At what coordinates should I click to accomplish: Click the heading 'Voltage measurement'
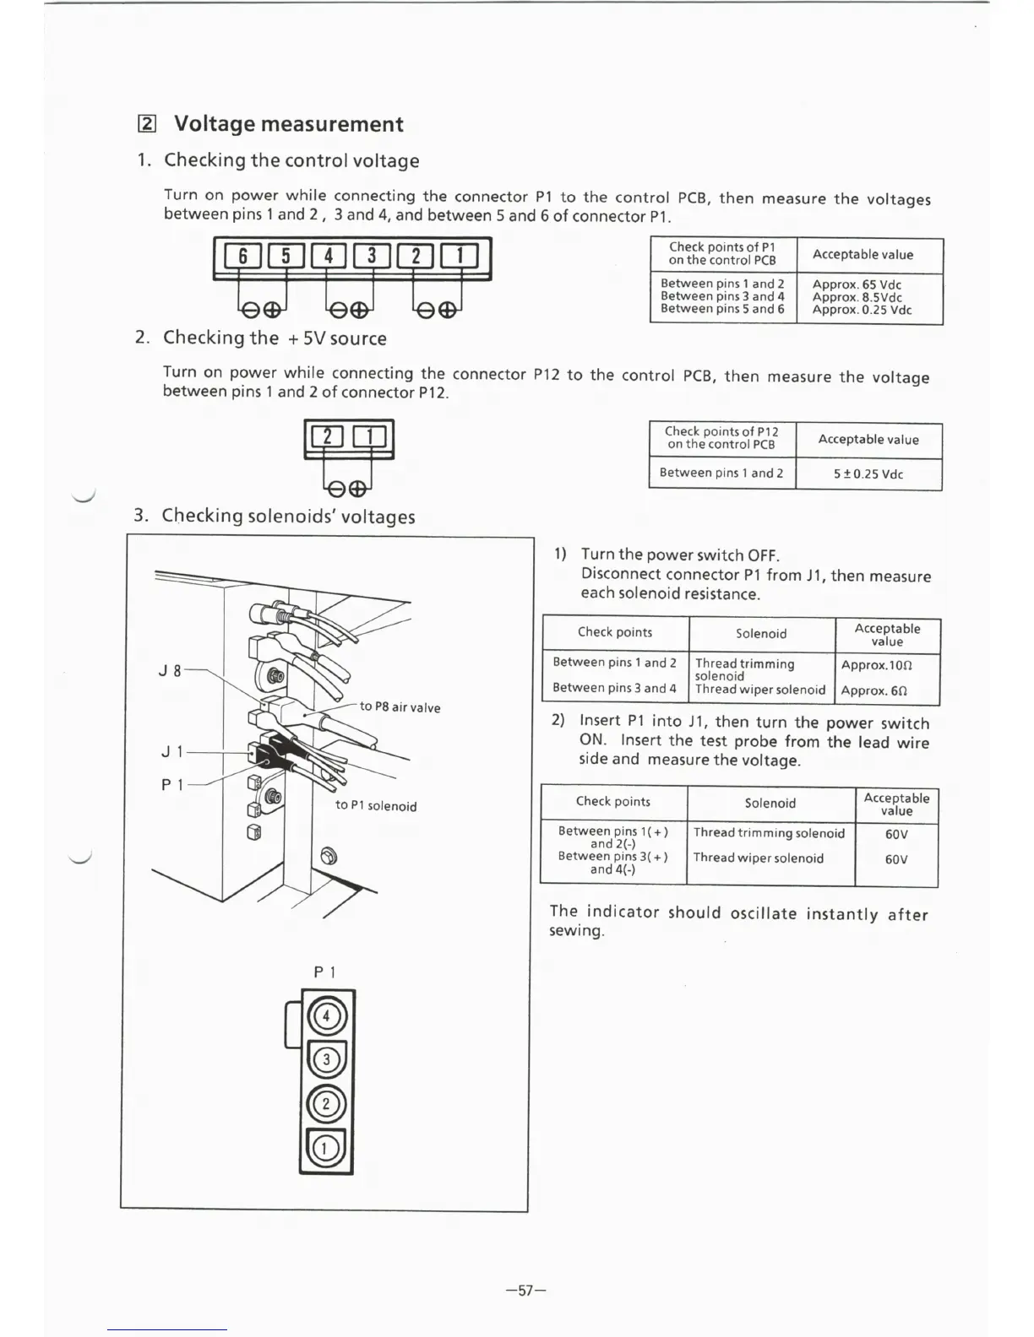288,124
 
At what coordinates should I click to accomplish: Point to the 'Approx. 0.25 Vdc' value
862,310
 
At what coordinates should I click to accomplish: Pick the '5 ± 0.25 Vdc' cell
868,474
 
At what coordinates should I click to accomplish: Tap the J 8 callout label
170,672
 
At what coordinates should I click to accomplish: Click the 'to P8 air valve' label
400,707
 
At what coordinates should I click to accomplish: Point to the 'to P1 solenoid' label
376,806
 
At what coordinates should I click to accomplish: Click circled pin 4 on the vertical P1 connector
328,1016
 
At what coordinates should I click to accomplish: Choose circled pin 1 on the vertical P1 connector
327,1148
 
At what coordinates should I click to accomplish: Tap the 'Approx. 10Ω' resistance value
877,665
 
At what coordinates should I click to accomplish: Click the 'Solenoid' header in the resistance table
761,634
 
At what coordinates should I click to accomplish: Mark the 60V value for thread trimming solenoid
896,834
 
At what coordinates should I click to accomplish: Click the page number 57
526,1290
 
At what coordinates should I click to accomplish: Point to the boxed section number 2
146,125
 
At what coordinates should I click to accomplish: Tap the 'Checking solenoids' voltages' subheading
288,516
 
